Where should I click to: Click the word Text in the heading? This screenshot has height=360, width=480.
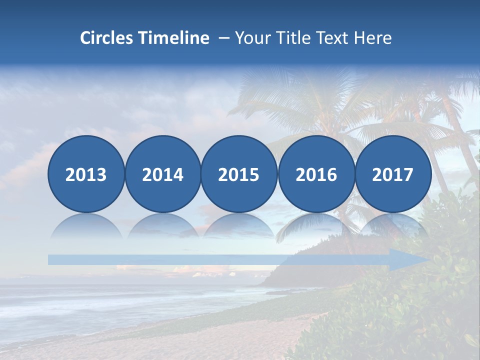tap(335, 38)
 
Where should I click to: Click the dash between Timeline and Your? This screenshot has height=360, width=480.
tap(223, 38)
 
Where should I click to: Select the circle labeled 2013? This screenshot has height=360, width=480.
tap(86, 174)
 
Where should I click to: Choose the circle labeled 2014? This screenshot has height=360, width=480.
tap(163, 174)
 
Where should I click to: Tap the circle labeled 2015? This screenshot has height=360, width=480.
tap(239, 174)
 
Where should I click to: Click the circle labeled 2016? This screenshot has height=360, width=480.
tap(316, 174)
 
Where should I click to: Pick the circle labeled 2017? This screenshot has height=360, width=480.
tap(393, 174)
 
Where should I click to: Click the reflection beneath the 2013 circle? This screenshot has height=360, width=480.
tap(86, 227)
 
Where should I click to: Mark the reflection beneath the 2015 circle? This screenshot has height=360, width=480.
tap(239, 227)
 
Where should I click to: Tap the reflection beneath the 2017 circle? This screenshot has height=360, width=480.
tap(393, 227)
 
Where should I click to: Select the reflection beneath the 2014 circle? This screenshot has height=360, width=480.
tap(163, 227)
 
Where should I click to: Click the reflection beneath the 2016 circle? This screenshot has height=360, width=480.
tap(316, 227)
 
